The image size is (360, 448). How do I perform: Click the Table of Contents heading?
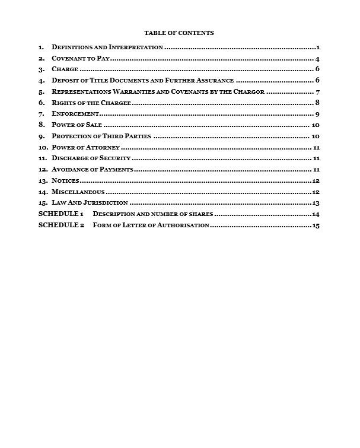point(179,33)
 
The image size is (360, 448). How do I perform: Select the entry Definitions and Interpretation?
point(107,47)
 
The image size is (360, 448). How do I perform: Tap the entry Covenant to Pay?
point(81,58)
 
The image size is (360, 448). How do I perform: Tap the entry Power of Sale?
point(77,125)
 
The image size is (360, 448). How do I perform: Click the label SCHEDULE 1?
point(60,214)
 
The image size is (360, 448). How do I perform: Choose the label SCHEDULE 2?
point(60,225)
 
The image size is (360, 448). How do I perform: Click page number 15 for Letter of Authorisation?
point(316,225)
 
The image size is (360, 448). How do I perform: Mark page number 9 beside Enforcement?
point(318,114)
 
